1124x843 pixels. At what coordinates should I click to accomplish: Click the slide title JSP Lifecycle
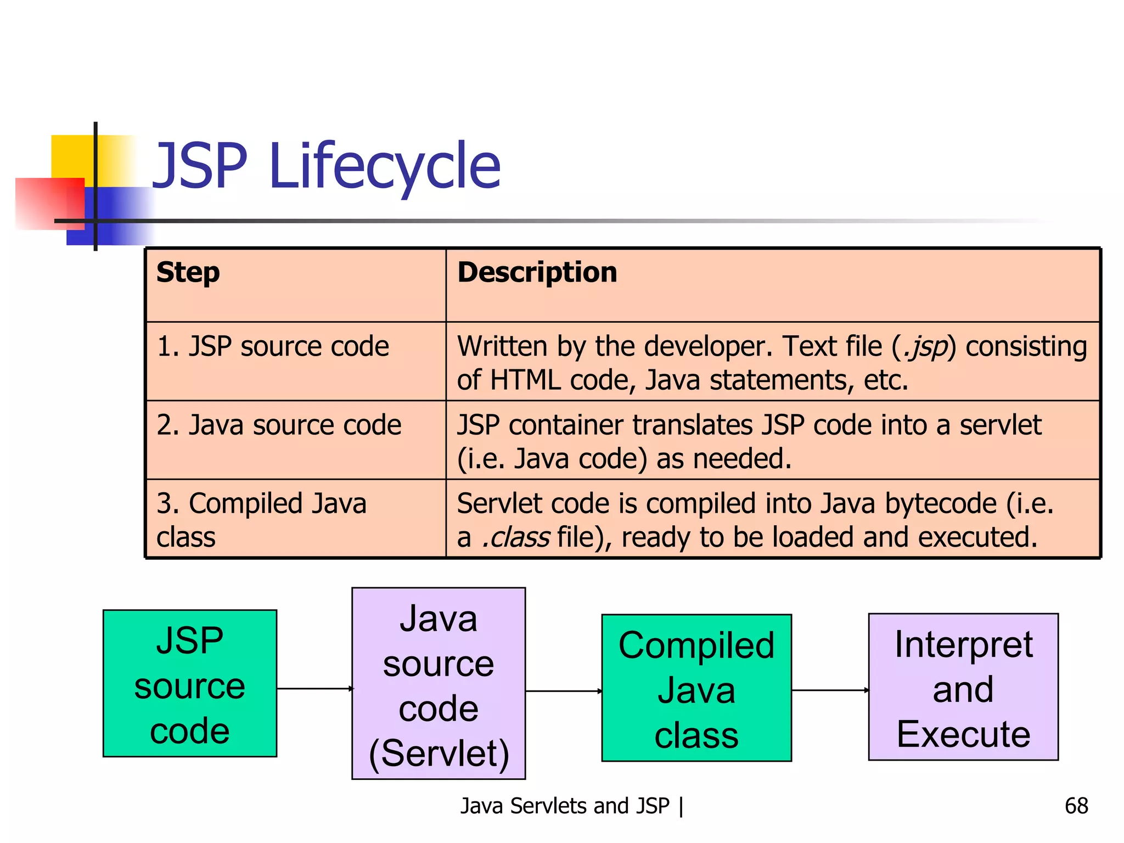tap(326, 166)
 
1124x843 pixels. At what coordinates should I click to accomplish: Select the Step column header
tap(188, 273)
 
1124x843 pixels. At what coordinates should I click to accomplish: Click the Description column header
tap(537, 273)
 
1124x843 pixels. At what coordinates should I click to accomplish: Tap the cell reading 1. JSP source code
tap(273, 347)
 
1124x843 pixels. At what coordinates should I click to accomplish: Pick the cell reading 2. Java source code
tap(279, 425)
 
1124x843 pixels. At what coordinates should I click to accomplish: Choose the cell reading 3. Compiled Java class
tap(261, 519)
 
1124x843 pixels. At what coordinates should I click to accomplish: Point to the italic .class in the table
tap(515, 537)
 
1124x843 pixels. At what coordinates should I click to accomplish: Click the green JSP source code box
tap(190, 683)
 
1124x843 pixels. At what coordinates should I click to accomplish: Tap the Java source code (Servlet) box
tap(439, 683)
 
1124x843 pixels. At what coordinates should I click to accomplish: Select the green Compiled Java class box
tap(696, 688)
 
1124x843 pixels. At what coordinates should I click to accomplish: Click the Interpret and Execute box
tap(963, 687)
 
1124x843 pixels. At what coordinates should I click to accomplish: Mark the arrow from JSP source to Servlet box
tap(314, 688)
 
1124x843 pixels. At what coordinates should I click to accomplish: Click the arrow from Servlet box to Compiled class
tap(564, 691)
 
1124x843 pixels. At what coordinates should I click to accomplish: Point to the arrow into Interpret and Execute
tap(830, 690)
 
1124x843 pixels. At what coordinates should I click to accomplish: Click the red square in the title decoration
tap(49, 203)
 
